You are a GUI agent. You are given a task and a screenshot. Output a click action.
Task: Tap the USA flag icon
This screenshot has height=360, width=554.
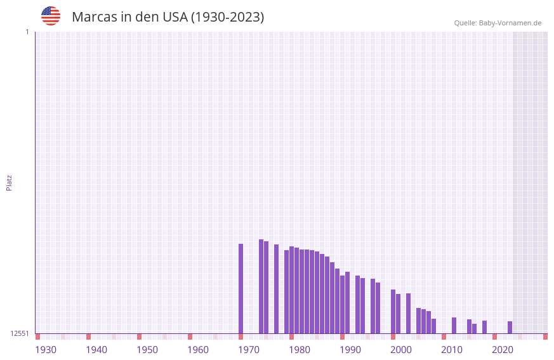click(51, 16)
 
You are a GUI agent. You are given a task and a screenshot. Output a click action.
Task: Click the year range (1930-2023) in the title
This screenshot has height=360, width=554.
click(227, 17)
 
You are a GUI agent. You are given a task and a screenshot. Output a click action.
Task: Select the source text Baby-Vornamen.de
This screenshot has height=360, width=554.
click(510, 23)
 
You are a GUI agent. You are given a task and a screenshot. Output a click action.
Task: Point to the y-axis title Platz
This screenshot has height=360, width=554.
click(9, 182)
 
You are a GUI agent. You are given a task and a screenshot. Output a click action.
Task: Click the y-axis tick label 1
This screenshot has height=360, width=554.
click(27, 32)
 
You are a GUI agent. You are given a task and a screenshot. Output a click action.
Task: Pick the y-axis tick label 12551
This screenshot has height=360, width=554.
click(20, 333)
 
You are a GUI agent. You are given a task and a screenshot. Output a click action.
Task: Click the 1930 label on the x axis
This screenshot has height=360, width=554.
click(46, 350)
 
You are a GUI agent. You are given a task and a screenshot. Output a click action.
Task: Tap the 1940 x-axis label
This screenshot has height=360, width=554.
click(96, 350)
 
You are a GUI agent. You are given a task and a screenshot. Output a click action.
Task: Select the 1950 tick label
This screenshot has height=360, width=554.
click(147, 350)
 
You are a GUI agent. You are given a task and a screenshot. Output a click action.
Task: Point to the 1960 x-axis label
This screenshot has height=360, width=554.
click(198, 350)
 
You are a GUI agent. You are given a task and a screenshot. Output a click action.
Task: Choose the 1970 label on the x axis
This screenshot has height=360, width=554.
click(249, 350)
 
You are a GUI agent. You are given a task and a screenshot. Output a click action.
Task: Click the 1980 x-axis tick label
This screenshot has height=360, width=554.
click(300, 350)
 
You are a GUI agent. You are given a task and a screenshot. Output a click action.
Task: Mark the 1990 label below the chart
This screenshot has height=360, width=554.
click(350, 350)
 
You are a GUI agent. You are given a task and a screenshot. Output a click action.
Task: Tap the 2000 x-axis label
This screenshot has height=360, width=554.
click(401, 350)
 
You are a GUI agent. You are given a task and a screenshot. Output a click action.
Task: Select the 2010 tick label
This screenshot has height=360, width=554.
click(452, 350)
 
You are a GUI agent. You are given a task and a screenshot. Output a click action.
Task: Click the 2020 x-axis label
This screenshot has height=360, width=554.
click(503, 350)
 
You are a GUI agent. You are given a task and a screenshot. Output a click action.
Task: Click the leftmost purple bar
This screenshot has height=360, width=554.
click(241, 288)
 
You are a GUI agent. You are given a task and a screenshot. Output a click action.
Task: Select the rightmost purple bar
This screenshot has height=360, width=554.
click(510, 327)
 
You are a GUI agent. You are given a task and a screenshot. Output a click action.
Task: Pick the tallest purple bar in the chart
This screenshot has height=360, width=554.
click(261, 286)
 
